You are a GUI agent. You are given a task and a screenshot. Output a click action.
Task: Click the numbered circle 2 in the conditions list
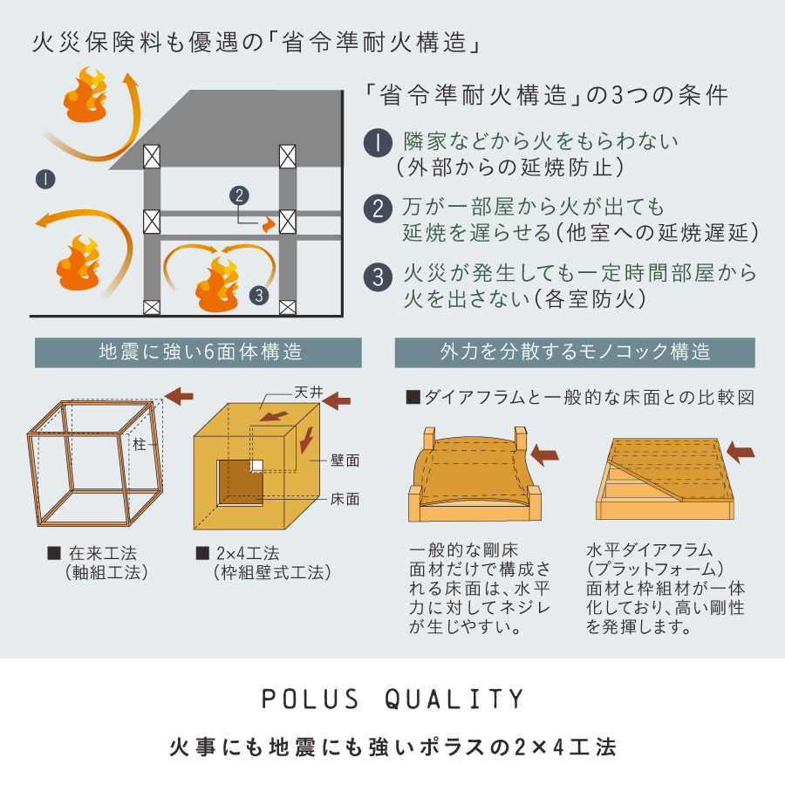(378, 208)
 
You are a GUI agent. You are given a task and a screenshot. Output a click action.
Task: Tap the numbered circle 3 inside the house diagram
(259, 296)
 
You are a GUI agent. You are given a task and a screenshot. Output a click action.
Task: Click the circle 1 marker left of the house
(45, 179)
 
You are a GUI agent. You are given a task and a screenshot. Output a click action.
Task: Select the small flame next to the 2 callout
(269, 225)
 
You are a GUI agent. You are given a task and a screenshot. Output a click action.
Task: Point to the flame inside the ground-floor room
(217, 284)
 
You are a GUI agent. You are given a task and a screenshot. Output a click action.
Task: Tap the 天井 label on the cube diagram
(309, 392)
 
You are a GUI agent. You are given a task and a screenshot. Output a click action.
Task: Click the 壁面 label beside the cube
(345, 461)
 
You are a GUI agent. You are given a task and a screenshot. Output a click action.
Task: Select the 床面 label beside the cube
(345, 499)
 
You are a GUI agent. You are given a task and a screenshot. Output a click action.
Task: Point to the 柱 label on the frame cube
(140, 444)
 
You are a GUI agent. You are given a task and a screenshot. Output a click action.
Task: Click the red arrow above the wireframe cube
(179, 396)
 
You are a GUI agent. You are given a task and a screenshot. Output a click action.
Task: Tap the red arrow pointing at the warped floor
(544, 454)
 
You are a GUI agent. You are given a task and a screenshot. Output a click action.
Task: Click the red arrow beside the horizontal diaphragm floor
(741, 452)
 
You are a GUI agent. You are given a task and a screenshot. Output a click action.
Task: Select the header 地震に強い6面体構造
(201, 352)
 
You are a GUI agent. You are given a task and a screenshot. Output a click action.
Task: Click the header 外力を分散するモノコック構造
(576, 352)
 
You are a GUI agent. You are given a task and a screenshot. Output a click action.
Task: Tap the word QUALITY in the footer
(454, 699)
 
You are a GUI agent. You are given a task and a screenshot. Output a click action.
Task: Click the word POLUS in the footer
(311, 699)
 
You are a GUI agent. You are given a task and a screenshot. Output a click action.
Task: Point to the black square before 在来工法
(54, 553)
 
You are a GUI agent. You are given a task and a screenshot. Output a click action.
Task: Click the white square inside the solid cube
(256, 466)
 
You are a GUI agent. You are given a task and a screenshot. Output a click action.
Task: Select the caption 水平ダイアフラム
(649, 550)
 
